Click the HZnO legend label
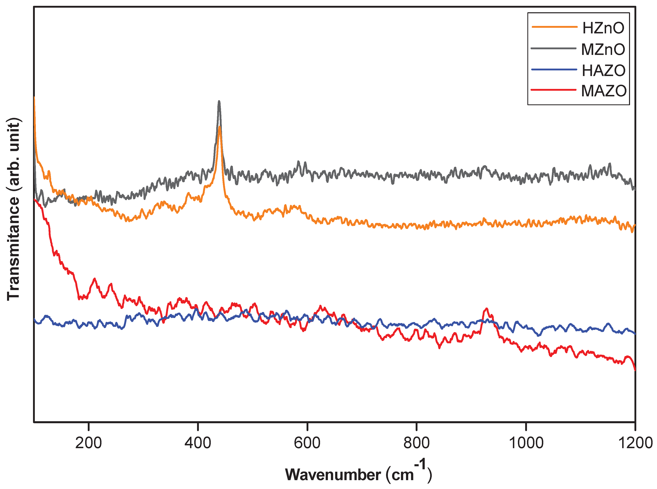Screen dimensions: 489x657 [603, 28]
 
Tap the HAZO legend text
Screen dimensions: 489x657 [603, 70]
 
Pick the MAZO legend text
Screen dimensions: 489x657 [604, 91]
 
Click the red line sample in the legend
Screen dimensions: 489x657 [553, 90]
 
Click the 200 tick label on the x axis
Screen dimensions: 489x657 [88, 443]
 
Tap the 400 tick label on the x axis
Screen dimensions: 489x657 [198, 443]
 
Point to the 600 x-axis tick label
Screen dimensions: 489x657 [307, 443]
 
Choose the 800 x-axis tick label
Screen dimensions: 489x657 [416, 443]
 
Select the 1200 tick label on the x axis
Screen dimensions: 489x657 [635, 443]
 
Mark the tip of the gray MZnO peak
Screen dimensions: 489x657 [219, 102]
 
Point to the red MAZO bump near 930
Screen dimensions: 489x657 [486, 309]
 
